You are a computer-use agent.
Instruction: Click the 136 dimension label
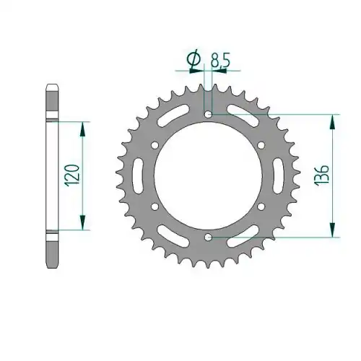coord(322,175)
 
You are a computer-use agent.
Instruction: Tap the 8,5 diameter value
coord(220,61)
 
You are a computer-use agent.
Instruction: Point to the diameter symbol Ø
coord(195,58)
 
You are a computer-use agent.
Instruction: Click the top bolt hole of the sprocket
coord(208,114)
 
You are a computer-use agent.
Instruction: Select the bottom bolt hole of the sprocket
coord(208,238)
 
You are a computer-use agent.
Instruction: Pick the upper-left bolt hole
coord(155,145)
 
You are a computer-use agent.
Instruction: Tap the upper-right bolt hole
coord(261,145)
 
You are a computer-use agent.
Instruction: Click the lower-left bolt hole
coord(155,206)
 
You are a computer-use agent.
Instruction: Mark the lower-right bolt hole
coord(261,206)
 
